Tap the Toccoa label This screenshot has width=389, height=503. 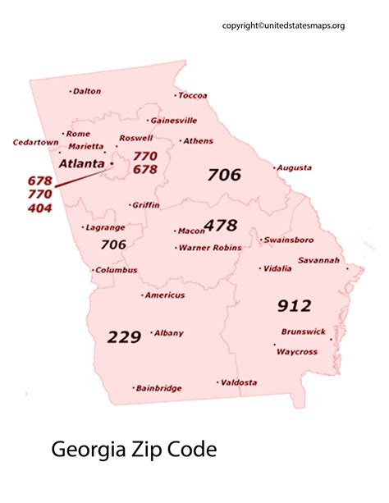(194, 96)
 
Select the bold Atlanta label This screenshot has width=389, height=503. (81, 163)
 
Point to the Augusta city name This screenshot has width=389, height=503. (294, 168)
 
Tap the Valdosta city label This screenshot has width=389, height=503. (239, 382)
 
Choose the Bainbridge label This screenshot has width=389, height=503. (158, 388)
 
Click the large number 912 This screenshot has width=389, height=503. (294, 306)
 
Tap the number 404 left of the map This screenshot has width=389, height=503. (39, 208)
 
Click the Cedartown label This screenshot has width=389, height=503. (36, 143)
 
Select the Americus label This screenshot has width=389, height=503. (164, 295)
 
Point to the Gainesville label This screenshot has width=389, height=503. (173, 120)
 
